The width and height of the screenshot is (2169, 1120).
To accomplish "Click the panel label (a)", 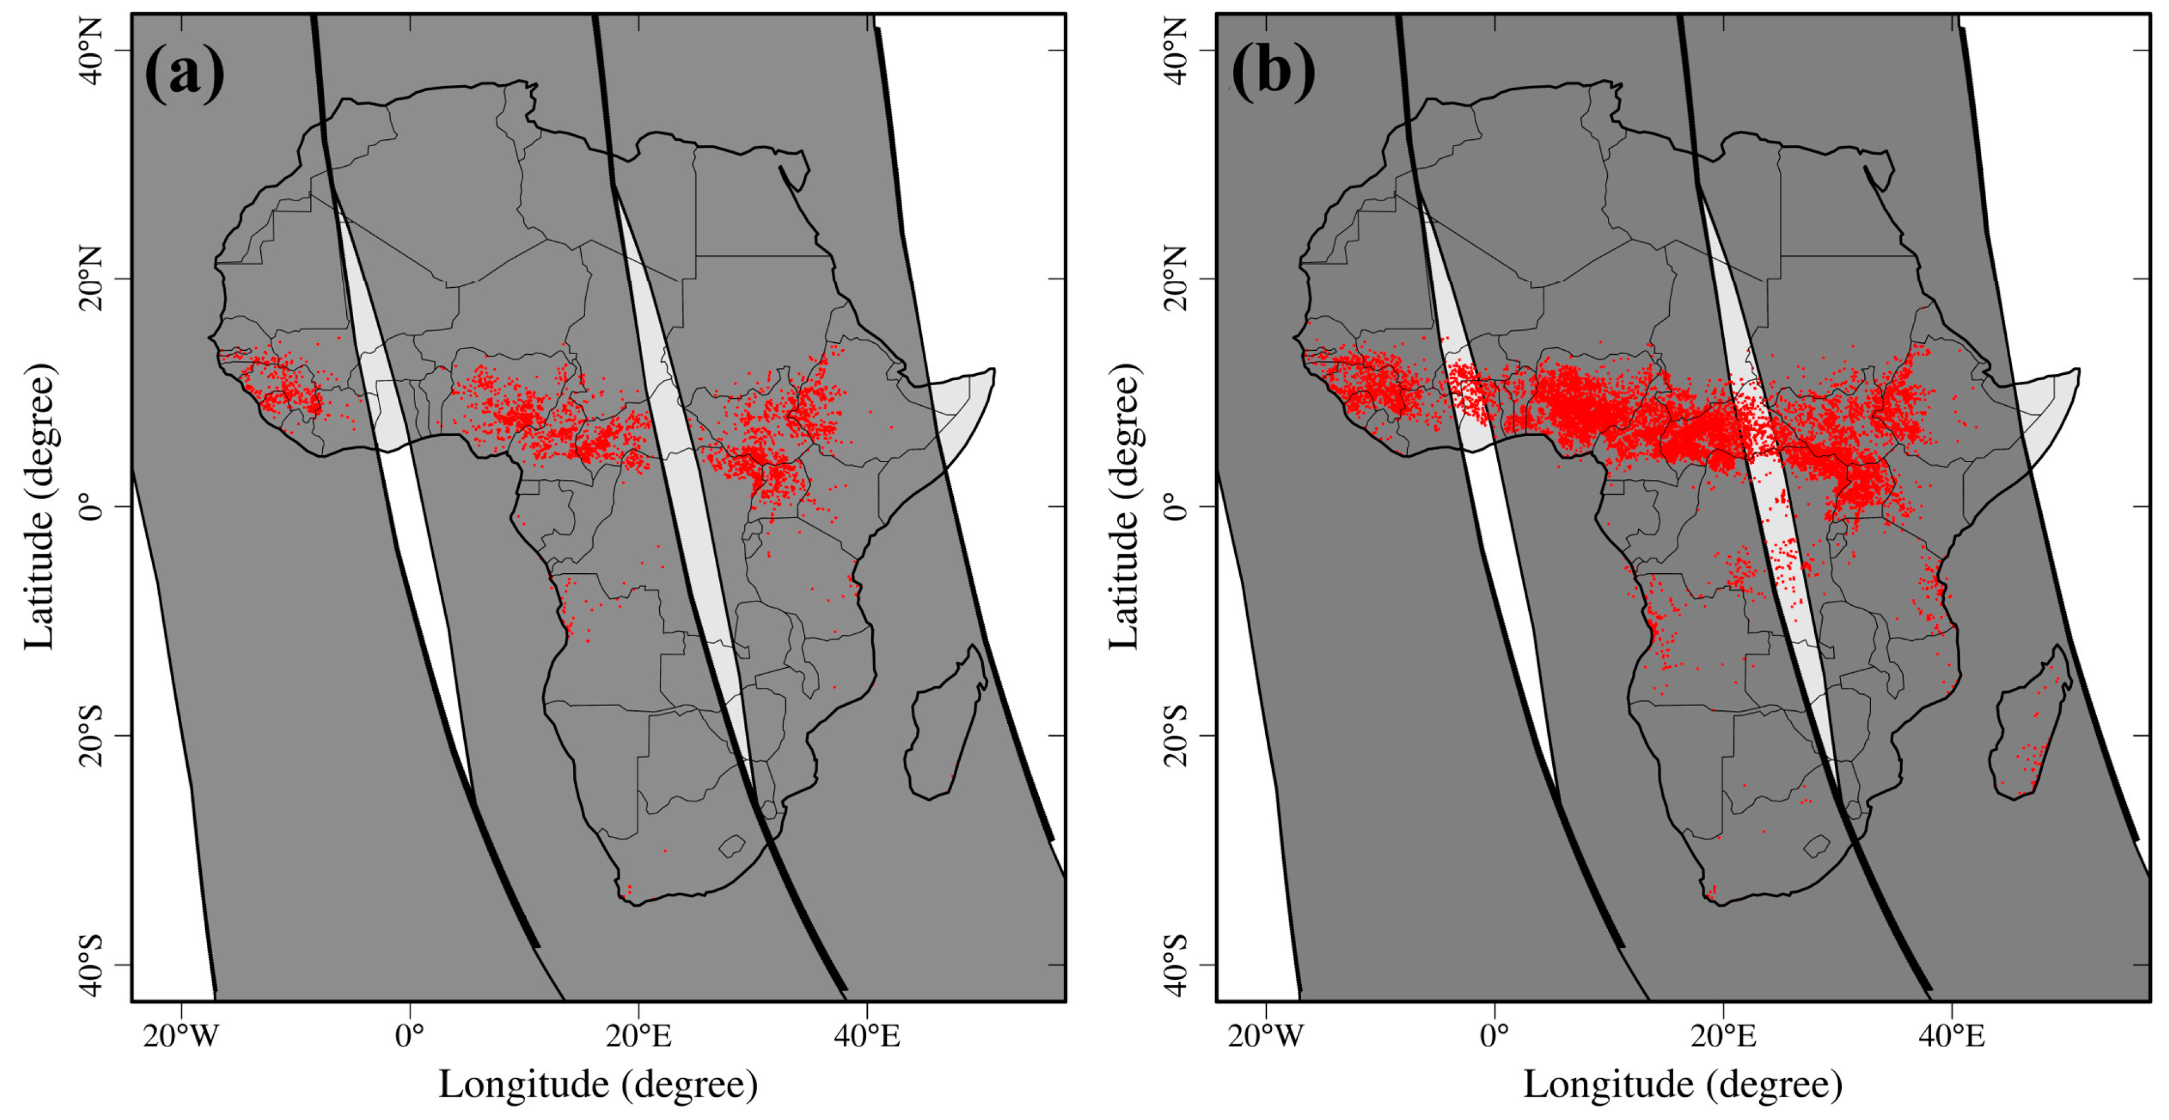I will [185, 74].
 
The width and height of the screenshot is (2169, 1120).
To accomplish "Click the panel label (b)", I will [1273, 74].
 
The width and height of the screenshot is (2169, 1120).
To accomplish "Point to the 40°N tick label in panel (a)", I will [91, 50].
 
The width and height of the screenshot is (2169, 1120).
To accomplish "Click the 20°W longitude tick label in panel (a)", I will [180, 1036].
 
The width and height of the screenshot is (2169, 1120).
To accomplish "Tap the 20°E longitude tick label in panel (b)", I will [1722, 1036].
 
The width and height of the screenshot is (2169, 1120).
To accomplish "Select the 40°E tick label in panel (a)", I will [867, 1036].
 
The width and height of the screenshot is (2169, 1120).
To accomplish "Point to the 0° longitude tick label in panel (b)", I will [1494, 1036].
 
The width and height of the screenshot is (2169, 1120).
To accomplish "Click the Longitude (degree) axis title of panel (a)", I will [598, 1084].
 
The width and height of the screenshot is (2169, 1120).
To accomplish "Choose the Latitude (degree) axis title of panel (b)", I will [1123, 507].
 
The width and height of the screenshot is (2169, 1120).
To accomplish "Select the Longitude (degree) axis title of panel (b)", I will [1682, 1084].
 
